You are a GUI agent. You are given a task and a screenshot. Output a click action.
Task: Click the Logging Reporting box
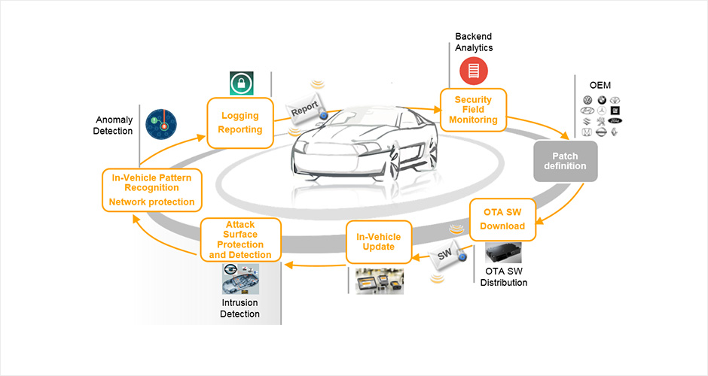coord(240,122)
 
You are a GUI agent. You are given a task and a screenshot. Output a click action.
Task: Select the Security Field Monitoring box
coord(473,110)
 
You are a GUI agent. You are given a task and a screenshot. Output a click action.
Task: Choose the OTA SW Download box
coord(502,219)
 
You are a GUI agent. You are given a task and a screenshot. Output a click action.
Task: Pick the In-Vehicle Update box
coord(379,241)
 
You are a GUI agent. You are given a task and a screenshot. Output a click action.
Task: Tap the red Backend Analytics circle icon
coord(474,71)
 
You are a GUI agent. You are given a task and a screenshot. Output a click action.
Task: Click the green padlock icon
coord(242,82)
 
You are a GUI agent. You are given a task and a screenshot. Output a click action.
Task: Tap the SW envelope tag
coord(445,256)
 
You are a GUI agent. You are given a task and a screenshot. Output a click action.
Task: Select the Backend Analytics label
coord(474,42)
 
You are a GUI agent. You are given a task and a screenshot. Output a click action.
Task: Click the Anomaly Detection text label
coord(114,126)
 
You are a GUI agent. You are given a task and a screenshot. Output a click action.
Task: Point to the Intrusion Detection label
coord(240,308)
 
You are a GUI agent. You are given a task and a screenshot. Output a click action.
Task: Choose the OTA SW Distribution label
coord(503,277)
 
